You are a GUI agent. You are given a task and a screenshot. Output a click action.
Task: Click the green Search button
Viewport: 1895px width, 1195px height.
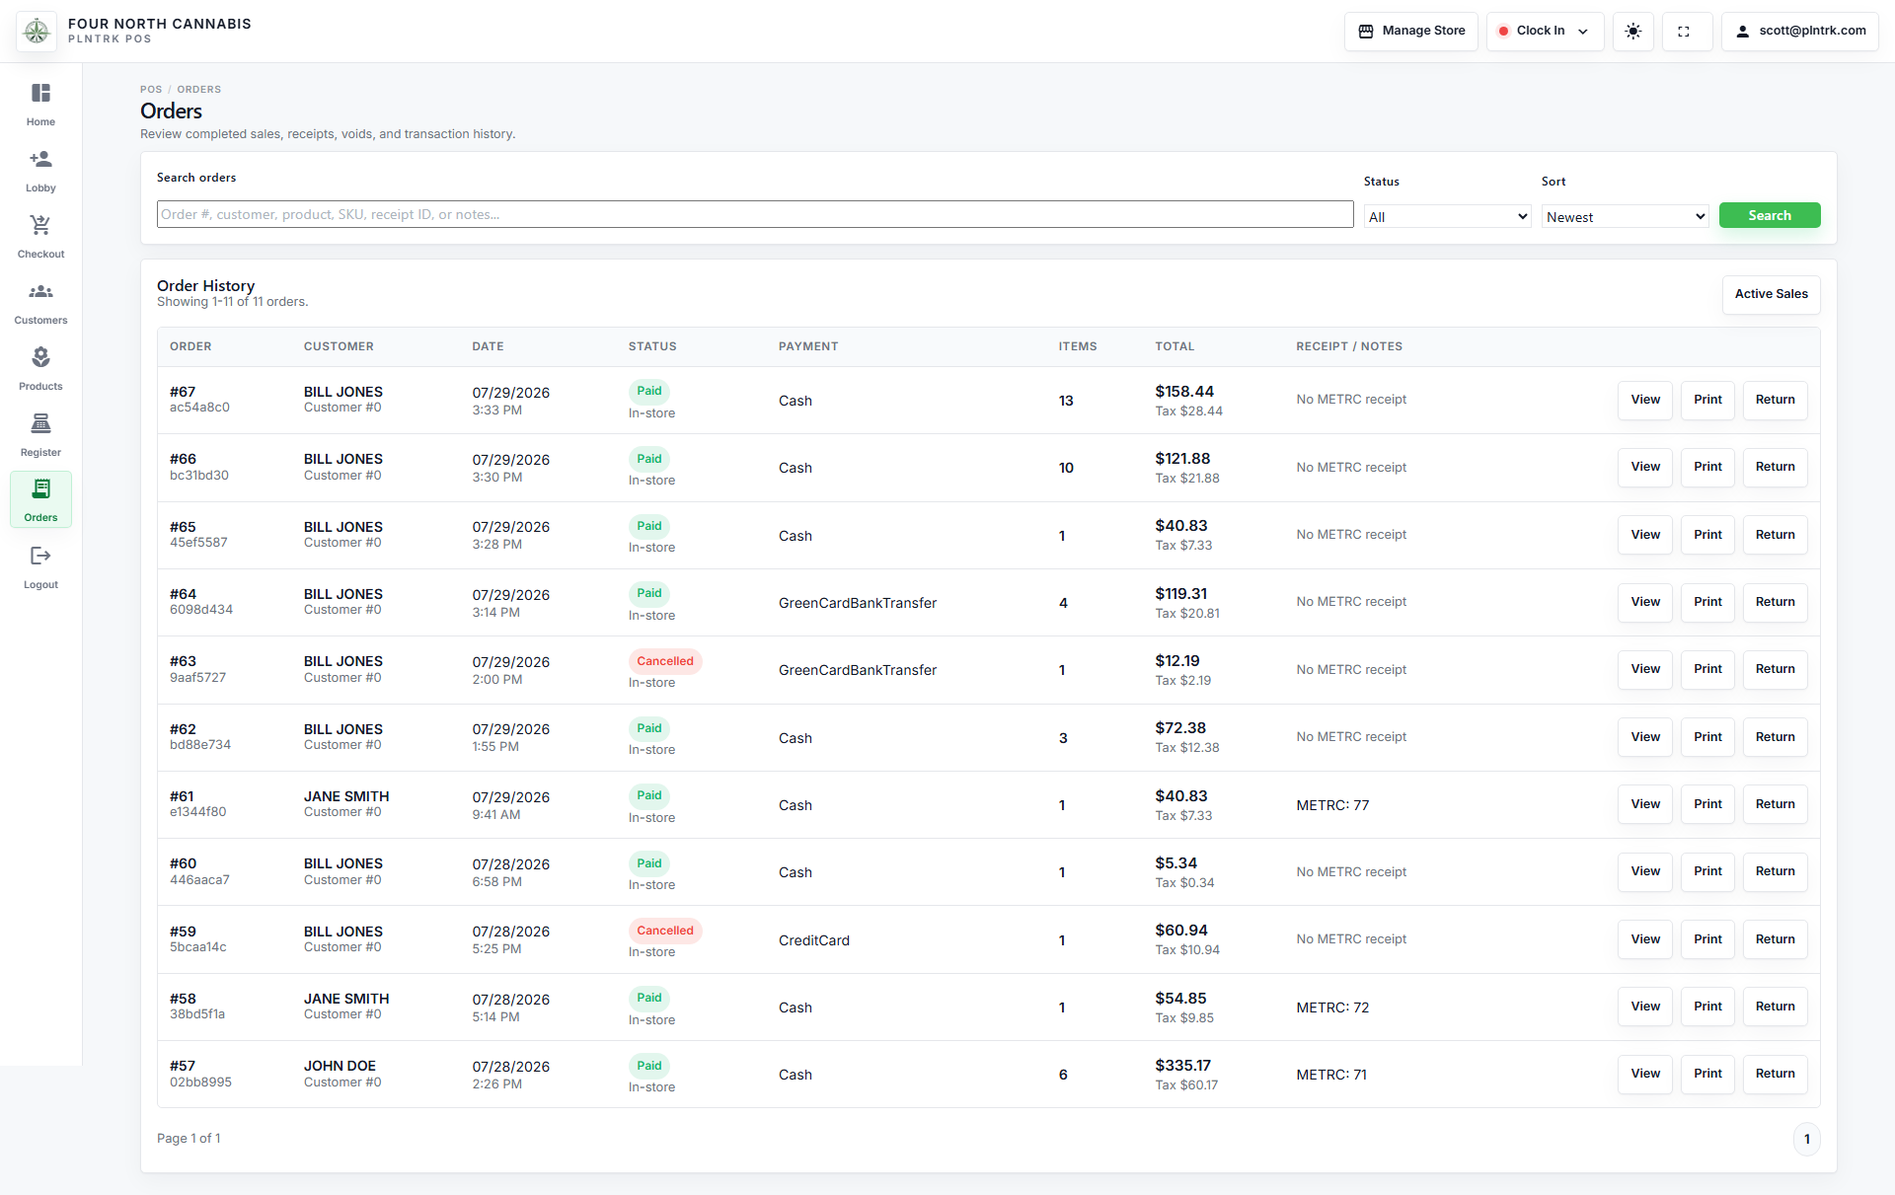tap(1770, 215)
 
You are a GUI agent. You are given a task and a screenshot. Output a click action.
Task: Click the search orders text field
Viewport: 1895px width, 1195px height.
tap(755, 214)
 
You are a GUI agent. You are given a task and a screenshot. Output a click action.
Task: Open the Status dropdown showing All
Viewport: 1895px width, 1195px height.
tap(1447, 217)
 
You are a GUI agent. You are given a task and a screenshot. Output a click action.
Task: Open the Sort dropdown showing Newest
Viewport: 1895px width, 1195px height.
tap(1625, 217)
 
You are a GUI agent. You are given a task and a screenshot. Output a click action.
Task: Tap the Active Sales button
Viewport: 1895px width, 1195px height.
tap(1772, 294)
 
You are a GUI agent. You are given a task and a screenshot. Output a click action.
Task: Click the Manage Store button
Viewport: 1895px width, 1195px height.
tap(1411, 31)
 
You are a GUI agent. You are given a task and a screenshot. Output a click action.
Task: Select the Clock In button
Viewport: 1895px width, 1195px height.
tap(1545, 31)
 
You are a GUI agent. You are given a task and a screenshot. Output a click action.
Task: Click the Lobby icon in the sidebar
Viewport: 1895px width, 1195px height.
tap(40, 159)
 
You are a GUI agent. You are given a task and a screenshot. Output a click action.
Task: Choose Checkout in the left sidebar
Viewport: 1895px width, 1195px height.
tap(40, 236)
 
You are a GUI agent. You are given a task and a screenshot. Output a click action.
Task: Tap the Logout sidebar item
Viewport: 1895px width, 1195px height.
tap(40, 567)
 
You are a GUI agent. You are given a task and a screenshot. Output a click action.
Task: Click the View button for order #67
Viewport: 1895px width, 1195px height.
tap(1645, 400)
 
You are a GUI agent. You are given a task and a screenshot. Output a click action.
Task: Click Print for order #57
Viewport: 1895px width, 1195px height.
tap(1707, 1074)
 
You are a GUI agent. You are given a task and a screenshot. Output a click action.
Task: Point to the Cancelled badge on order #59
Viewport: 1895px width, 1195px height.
tap(665, 931)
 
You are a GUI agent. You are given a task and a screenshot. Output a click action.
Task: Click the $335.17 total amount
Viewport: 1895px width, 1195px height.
tap(1183, 1066)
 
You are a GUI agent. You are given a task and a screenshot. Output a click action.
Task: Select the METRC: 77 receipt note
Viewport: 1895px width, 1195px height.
tap(1332, 805)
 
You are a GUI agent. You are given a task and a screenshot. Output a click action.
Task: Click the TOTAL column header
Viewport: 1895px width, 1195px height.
tap(1175, 346)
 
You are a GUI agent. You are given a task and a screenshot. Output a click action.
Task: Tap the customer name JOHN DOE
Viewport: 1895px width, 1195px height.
tap(340, 1066)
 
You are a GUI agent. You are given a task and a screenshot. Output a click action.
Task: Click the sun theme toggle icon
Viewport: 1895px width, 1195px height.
tap(1633, 31)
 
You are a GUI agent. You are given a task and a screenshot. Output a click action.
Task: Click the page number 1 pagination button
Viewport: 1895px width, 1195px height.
tap(1807, 1139)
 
